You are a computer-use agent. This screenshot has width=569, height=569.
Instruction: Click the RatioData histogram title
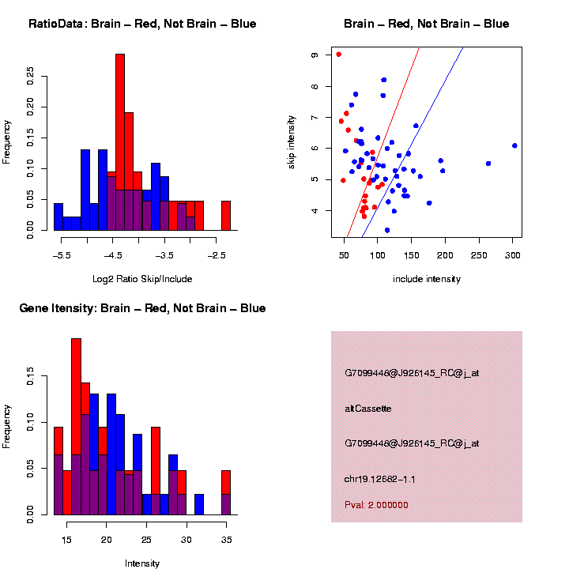point(142,24)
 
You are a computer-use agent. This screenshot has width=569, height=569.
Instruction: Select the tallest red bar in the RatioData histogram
point(120,142)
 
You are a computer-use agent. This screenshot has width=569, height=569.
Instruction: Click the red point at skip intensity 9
point(338,55)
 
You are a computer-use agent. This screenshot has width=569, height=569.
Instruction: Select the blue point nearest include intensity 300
point(514,145)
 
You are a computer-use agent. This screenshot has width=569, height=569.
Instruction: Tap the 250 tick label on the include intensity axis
point(479,255)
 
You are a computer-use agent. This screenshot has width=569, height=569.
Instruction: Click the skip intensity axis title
point(292,141)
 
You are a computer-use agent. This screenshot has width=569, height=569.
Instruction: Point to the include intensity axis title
point(427,279)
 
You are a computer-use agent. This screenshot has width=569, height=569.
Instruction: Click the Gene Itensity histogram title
point(142,308)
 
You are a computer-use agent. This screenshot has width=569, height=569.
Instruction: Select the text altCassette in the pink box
point(368,409)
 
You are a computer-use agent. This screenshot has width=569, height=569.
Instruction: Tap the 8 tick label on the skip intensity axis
point(315,86)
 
